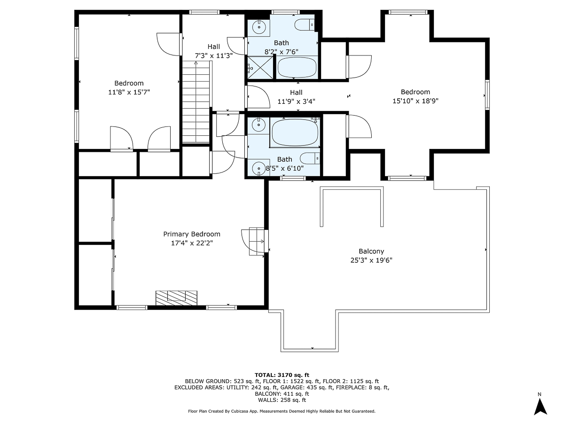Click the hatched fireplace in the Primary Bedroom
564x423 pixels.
click(177, 297)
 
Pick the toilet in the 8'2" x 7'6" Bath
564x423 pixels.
click(304, 23)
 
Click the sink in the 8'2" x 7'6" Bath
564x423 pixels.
click(258, 27)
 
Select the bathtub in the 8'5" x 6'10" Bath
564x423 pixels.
click(295, 132)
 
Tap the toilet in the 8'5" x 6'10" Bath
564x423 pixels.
click(311, 158)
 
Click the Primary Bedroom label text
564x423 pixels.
click(191, 234)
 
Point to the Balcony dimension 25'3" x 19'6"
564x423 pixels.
click(371, 260)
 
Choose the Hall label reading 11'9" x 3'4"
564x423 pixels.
click(296, 101)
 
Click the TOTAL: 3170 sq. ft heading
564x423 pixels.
click(282, 374)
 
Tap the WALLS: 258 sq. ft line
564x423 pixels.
click(282, 400)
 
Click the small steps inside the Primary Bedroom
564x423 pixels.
click(257, 242)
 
